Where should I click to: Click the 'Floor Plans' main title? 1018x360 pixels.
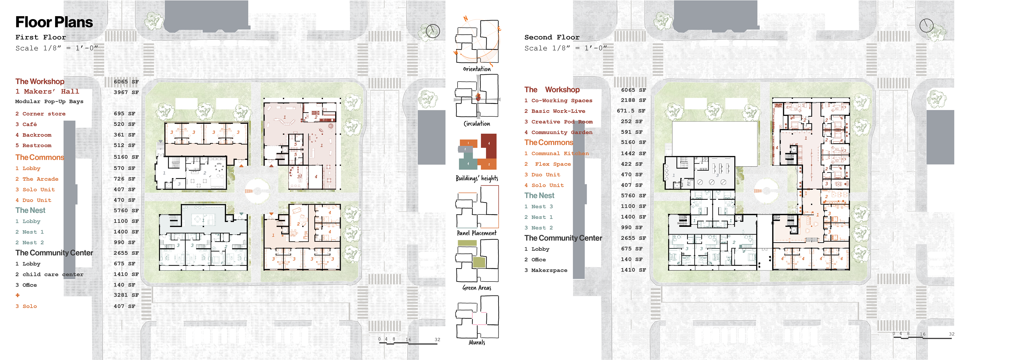(54, 22)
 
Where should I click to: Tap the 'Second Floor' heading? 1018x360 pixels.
(552, 37)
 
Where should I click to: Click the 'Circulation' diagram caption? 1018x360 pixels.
(477, 124)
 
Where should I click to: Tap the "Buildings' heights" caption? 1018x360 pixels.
(477, 178)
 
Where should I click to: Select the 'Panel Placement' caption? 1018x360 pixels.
(477, 233)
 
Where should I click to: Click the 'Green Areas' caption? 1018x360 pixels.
(477, 288)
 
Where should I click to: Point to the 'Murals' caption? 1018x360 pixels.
(477, 342)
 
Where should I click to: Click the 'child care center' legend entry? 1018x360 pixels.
(49, 274)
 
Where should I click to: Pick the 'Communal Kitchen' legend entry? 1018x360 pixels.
(556, 153)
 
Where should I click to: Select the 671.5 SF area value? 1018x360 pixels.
(631, 111)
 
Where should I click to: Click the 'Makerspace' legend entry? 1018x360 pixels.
(546, 270)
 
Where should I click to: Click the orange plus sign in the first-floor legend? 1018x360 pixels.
(17, 295)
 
